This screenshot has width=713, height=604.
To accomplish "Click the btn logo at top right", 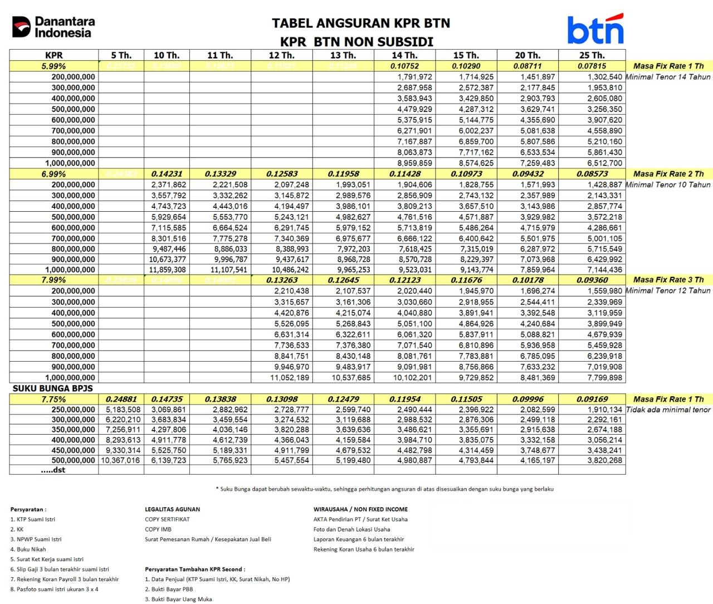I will click(595, 30).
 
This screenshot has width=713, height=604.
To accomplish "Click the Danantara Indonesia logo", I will click(53, 27).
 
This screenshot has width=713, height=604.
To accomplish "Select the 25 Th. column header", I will click(592, 55).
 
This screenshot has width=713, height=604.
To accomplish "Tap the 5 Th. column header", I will click(121, 55).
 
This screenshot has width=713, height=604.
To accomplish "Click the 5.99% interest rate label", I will click(53, 66).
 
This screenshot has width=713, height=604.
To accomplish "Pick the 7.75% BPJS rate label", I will click(53, 399).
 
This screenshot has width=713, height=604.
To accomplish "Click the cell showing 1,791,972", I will click(414, 77).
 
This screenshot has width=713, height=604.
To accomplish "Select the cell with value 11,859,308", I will click(168, 270).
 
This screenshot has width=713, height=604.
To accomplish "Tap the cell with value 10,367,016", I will click(121, 460).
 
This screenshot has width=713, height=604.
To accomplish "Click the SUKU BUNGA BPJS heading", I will click(53, 388).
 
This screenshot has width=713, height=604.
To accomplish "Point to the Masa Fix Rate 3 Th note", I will click(668, 280).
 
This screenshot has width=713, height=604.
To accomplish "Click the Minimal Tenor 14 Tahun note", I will click(668, 77).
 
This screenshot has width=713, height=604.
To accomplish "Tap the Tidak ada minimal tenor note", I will click(668, 410).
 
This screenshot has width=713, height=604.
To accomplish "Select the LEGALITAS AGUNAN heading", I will click(172, 509).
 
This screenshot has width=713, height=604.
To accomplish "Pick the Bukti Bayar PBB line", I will click(169, 589).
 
